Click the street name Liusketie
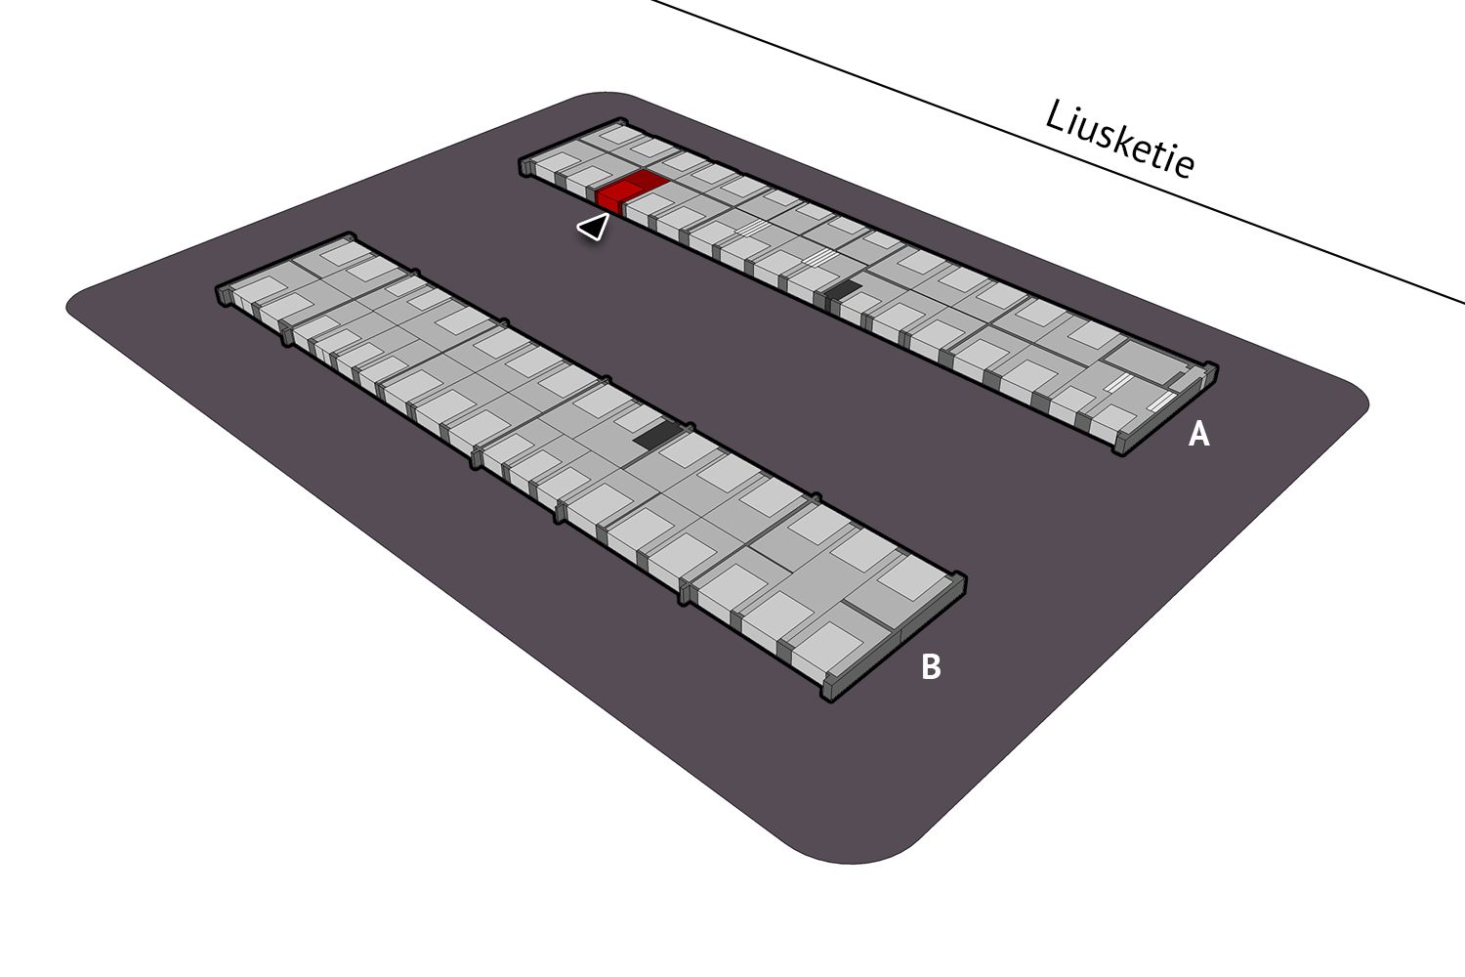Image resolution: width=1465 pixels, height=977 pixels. tap(1120, 139)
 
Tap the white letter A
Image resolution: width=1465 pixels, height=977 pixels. tap(1198, 434)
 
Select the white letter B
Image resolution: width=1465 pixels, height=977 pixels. tap(931, 667)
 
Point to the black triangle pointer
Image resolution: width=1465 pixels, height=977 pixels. tap(594, 227)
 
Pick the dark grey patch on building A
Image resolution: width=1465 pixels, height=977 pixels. tap(843, 288)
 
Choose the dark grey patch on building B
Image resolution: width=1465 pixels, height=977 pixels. tap(658, 435)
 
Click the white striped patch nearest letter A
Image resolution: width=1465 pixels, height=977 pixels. tap(1160, 402)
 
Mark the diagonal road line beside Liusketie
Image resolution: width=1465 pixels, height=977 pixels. tap(1058, 151)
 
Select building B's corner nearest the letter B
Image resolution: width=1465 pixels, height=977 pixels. tap(829, 698)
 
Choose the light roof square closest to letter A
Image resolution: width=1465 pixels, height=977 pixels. tap(1113, 417)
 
